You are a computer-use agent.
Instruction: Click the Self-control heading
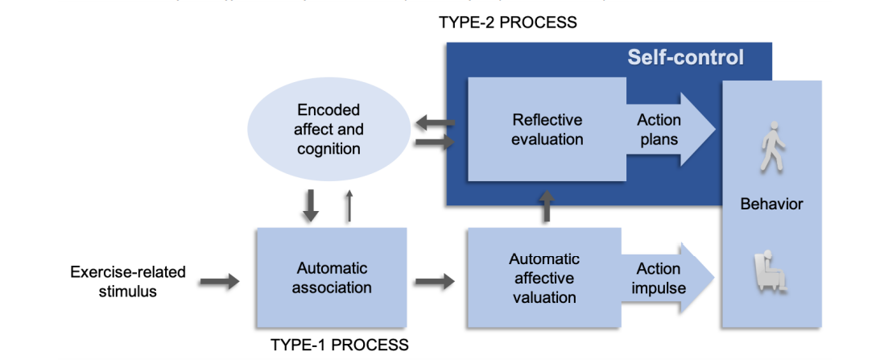[685, 58]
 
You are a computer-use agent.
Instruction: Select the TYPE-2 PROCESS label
[507, 23]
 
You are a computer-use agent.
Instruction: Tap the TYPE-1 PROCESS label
[339, 345]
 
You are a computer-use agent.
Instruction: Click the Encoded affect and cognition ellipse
[328, 129]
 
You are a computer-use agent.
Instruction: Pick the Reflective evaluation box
[547, 129]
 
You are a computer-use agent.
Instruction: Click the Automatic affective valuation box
[543, 278]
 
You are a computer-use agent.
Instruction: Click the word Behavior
[771, 204]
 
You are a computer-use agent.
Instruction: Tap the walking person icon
[771, 146]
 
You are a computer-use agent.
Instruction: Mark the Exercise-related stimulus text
[127, 281]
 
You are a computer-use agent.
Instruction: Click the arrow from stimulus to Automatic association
[220, 281]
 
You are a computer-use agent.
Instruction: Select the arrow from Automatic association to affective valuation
[434, 281]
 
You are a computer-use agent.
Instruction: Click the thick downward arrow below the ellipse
[311, 205]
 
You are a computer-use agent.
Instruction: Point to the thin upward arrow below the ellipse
[349, 205]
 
